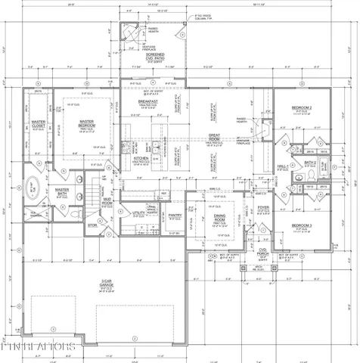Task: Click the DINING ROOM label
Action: tap(204, 217)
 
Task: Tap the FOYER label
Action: tap(263, 207)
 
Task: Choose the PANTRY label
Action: tap(174, 216)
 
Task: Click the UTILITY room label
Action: tap(138, 214)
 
